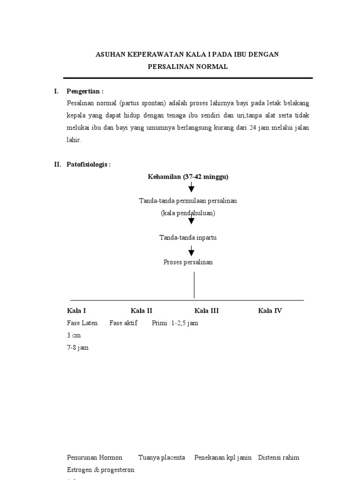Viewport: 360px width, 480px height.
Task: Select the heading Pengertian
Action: tap(85, 91)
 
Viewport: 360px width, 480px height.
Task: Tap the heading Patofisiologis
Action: tap(89, 165)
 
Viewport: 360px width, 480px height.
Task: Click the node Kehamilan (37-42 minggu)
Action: tap(188, 177)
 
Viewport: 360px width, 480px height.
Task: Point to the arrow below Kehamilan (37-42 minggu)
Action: tap(191, 188)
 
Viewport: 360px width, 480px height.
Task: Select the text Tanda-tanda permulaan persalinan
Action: tap(188, 201)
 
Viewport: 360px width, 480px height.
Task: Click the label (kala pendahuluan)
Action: tap(188, 213)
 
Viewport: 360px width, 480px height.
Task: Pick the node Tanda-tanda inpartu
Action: tap(188, 238)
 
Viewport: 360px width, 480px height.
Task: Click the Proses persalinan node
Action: tap(188, 262)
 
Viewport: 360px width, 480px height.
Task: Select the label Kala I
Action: tap(76, 311)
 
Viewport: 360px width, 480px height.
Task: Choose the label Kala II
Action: tap(142, 311)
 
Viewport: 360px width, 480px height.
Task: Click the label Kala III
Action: tap(207, 311)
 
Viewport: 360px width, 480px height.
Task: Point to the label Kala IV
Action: tap(270, 311)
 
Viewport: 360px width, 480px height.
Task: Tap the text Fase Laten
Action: tap(82, 323)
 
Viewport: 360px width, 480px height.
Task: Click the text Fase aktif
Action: tap(124, 323)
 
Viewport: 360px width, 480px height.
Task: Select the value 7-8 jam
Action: tap(78, 348)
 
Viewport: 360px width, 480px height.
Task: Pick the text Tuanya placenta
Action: tap(162, 457)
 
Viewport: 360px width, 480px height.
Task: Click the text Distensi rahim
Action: tap(279, 457)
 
